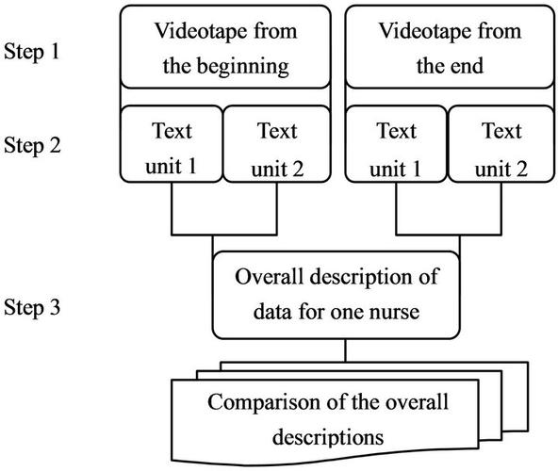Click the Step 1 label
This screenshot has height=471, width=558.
click(30, 48)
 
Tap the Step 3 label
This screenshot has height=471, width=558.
click(30, 307)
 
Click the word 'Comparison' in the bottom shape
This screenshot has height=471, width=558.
click(254, 404)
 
